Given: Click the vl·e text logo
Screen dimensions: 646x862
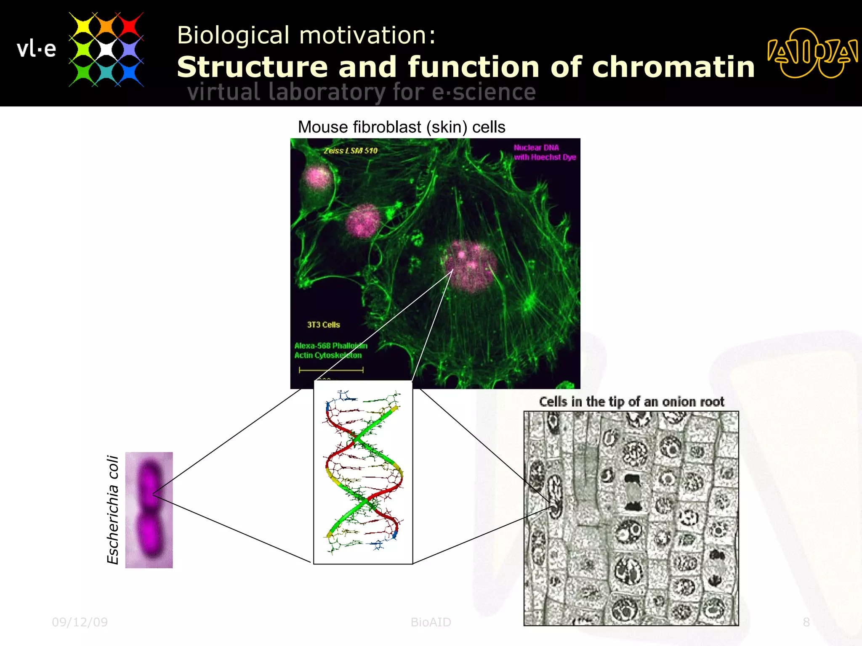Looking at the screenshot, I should tap(36, 49).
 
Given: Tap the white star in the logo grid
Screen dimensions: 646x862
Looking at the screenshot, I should tap(106, 49).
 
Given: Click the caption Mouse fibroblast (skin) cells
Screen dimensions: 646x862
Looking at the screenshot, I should tap(402, 127).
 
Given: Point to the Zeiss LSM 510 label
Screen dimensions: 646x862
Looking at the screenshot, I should tap(351, 151).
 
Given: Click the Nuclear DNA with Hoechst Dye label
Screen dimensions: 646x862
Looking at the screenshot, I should tap(544, 152).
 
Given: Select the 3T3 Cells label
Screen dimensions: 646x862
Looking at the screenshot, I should tap(323, 325).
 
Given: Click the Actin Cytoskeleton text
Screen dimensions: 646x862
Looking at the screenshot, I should tap(328, 355).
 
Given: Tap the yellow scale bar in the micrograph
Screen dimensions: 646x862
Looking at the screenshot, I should tap(331, 370).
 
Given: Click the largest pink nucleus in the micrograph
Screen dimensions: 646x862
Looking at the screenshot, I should tap(471, 266).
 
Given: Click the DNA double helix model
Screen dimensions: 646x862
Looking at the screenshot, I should tap(363, 471).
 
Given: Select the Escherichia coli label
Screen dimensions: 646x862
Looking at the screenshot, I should tap(113, 509).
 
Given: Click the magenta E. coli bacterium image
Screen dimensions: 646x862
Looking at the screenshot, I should tap(149, 510).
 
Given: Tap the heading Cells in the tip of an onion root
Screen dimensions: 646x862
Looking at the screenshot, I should tap(631, 402).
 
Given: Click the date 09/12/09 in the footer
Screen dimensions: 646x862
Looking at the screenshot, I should tap(80, 622).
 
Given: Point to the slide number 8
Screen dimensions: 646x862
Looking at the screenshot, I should tap(806, 622).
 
